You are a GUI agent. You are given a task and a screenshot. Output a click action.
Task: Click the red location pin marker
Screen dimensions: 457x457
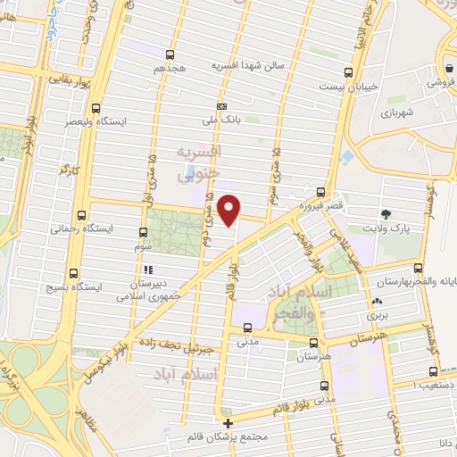230,211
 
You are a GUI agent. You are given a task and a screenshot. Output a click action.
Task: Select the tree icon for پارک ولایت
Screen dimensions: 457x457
386,214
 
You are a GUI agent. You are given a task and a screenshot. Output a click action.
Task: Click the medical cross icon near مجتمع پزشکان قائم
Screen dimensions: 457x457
228,423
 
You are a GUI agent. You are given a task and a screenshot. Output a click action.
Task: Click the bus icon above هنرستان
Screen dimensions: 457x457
313,342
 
